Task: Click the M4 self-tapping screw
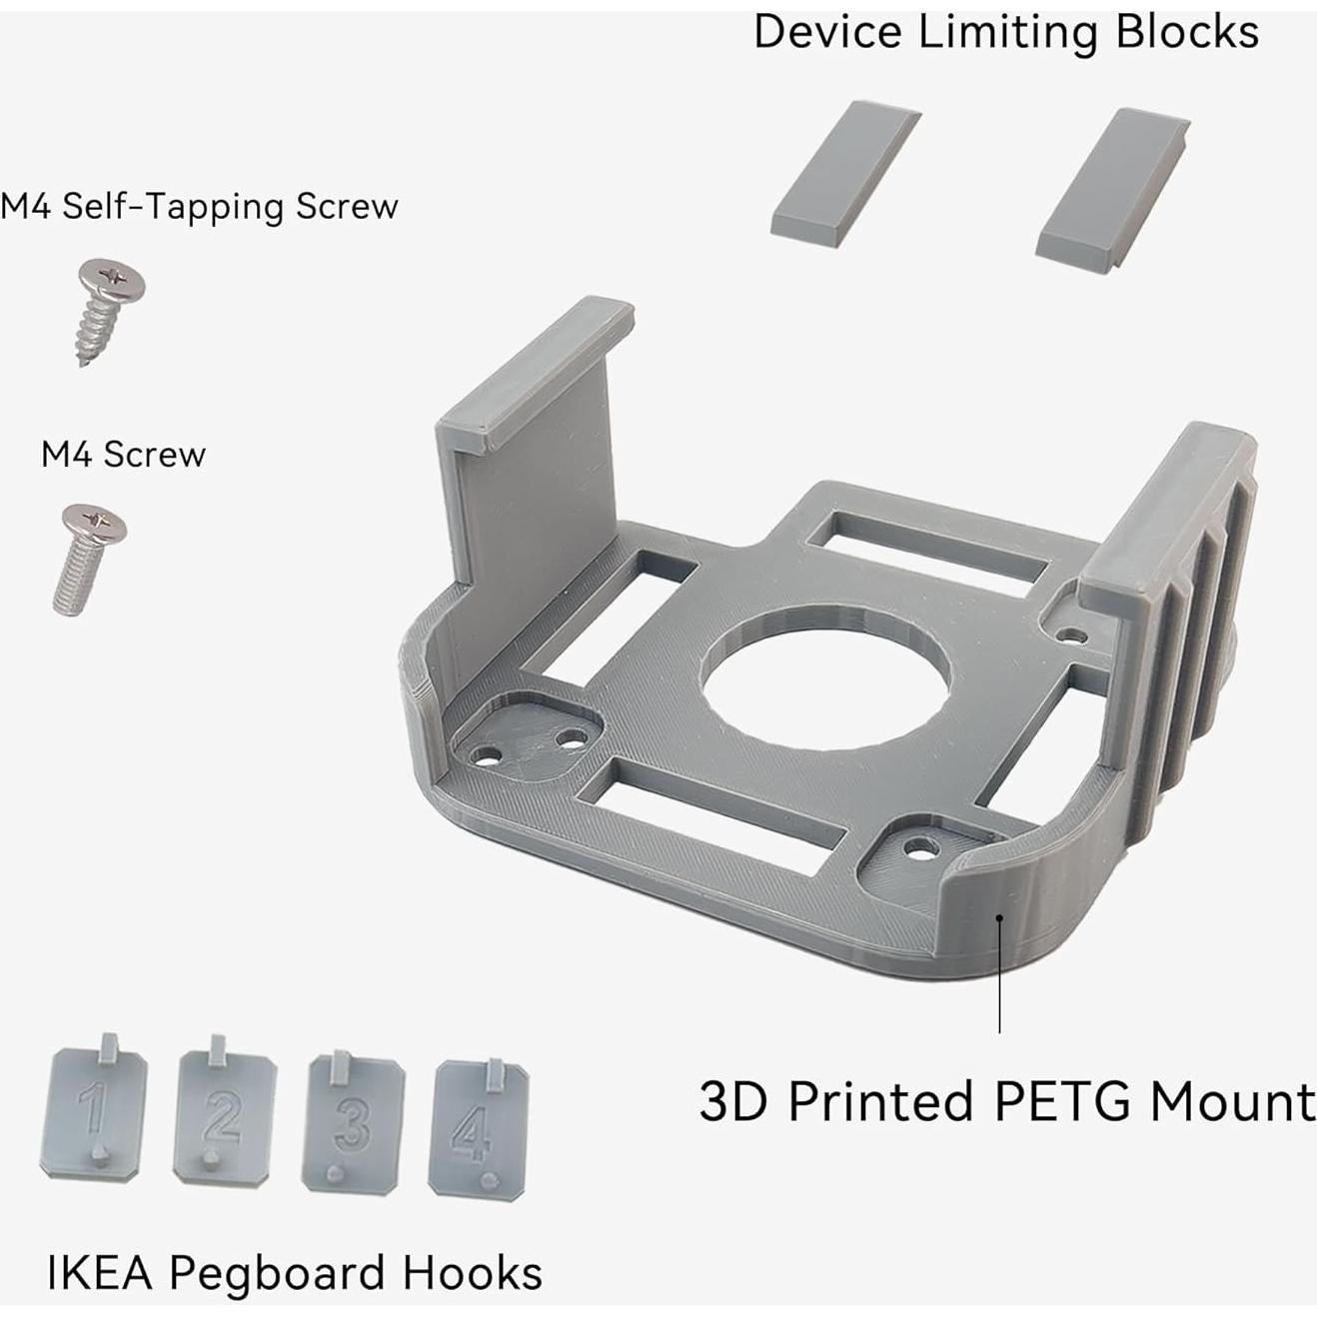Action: point(108,310)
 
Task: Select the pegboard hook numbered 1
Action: point(94,1112)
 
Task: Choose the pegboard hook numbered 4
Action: point(478,1128)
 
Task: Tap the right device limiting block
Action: point(1112,187)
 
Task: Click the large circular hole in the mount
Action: point(825,680)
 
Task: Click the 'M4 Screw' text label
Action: point(123,455)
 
